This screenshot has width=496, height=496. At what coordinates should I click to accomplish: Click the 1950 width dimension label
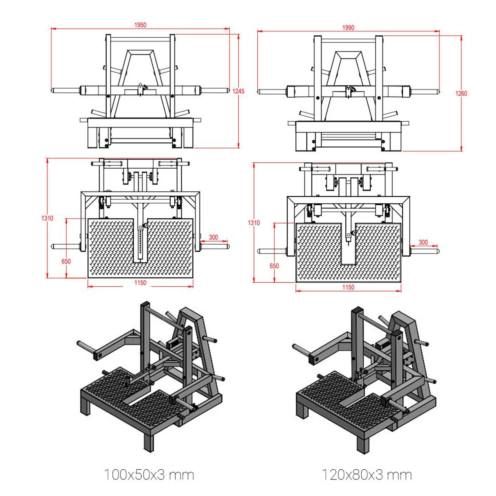coord(140,25)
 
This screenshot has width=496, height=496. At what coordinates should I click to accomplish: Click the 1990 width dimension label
coord(348,28)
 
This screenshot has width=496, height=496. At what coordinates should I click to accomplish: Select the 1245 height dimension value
coord(238,91)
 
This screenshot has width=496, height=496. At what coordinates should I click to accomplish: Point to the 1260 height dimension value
coord(461,93)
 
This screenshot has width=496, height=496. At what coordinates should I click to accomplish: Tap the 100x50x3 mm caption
coord(149,475)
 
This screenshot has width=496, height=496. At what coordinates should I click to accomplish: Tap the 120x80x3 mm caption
coord(367,475)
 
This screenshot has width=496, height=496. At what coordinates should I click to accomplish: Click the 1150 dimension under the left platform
coord(140,283)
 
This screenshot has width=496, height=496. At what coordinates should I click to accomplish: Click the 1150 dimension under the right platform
coord(348,287)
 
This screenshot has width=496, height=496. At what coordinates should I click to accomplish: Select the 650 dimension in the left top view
coord(66,261)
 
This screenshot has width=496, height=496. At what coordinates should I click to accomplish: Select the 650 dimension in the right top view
coord(274,266)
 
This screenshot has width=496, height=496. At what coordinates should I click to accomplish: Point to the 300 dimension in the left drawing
coord(213,237)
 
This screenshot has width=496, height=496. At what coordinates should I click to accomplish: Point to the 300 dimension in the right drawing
coord(423,242)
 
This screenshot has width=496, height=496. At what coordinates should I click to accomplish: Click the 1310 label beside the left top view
coord(47,218)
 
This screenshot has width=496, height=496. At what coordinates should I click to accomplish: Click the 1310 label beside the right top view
coord(254,223)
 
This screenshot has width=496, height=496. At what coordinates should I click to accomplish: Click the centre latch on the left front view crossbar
coord(141,89)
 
